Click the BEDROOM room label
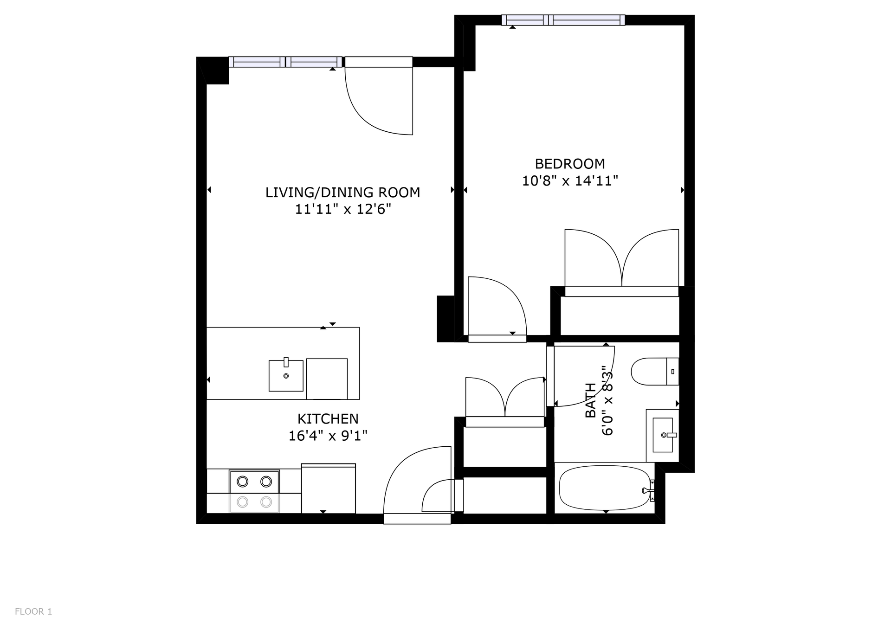coord(569,164)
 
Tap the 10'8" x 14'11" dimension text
coord(569,181)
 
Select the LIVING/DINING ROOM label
coord(342,193)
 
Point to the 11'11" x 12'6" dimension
coord(342,210)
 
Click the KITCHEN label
coord(328,419)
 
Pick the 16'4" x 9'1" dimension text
coord(328,436)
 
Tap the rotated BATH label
coord(590,400)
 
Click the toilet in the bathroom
coord(654,372)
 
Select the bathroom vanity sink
coord(663,435)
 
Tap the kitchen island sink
coord(286,375)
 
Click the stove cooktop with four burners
coord(254,492)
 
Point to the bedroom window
coord(563,20)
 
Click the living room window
coord(285,62)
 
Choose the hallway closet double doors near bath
coord(504,398)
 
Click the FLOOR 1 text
coord(33,611)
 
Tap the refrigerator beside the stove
coord(328,489)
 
